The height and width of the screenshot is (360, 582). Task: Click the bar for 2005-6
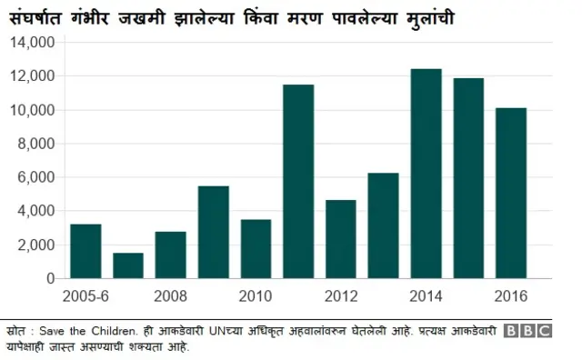[85, 251]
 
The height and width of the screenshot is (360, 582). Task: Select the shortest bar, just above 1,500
[128, 265]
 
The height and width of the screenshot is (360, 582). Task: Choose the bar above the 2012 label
[341, 239]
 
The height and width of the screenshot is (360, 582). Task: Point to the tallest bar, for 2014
[426, 174]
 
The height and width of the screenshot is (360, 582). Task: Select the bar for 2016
[511, 193]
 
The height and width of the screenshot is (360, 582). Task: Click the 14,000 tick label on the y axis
[34, 42]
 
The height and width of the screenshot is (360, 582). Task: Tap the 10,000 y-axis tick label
[34, 110]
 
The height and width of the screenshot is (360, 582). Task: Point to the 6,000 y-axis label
[37, 177]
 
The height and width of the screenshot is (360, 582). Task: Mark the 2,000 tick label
[37, 245]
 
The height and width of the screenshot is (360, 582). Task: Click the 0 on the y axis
[50, 278]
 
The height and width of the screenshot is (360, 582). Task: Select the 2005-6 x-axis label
[85, 296]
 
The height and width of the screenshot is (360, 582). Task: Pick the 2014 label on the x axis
[426, 296]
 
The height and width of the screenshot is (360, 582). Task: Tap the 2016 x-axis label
[511, 296]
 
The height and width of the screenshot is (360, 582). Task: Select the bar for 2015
[468, 178]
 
